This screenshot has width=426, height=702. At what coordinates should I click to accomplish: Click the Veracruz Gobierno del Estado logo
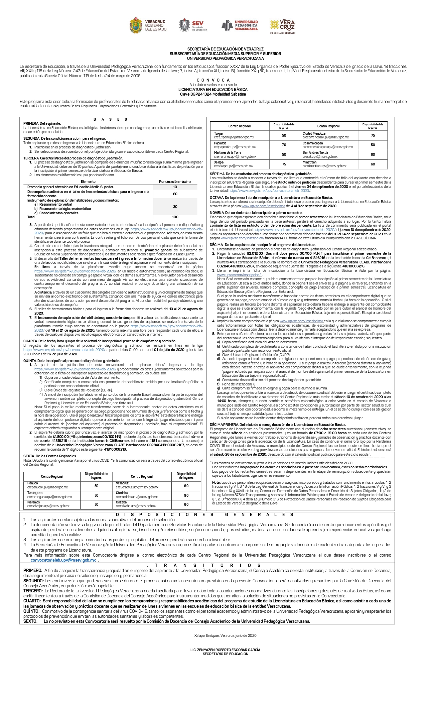point(147,26)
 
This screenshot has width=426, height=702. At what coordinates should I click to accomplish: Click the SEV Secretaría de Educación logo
point(193,26)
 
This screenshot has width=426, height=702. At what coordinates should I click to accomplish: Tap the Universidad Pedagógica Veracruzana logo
point(240,25)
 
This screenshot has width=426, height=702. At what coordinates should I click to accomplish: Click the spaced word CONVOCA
point(213,80)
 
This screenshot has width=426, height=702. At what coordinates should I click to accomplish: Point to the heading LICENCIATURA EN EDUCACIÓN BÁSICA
point(213,90)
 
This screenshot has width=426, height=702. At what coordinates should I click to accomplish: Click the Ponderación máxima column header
point(175,182)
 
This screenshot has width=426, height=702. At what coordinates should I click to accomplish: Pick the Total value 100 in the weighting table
point(175,217)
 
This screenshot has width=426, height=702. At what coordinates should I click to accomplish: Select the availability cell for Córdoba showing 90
point(186,495)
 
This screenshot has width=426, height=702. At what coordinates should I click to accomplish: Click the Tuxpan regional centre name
point(219,133)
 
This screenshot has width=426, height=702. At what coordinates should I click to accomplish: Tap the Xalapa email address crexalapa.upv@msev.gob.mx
point(234,166)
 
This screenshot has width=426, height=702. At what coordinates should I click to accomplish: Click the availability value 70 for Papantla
point(284,145)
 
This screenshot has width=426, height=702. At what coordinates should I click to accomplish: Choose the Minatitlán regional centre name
point(309,162)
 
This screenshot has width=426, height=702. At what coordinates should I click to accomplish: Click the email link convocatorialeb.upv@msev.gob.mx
point(63,560)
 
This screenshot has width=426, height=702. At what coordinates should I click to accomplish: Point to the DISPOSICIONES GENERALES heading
point(204,514)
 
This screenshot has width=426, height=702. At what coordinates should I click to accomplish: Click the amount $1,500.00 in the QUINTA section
point(60,437)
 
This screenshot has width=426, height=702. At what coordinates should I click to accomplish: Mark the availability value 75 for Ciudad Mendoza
point(373,135)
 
